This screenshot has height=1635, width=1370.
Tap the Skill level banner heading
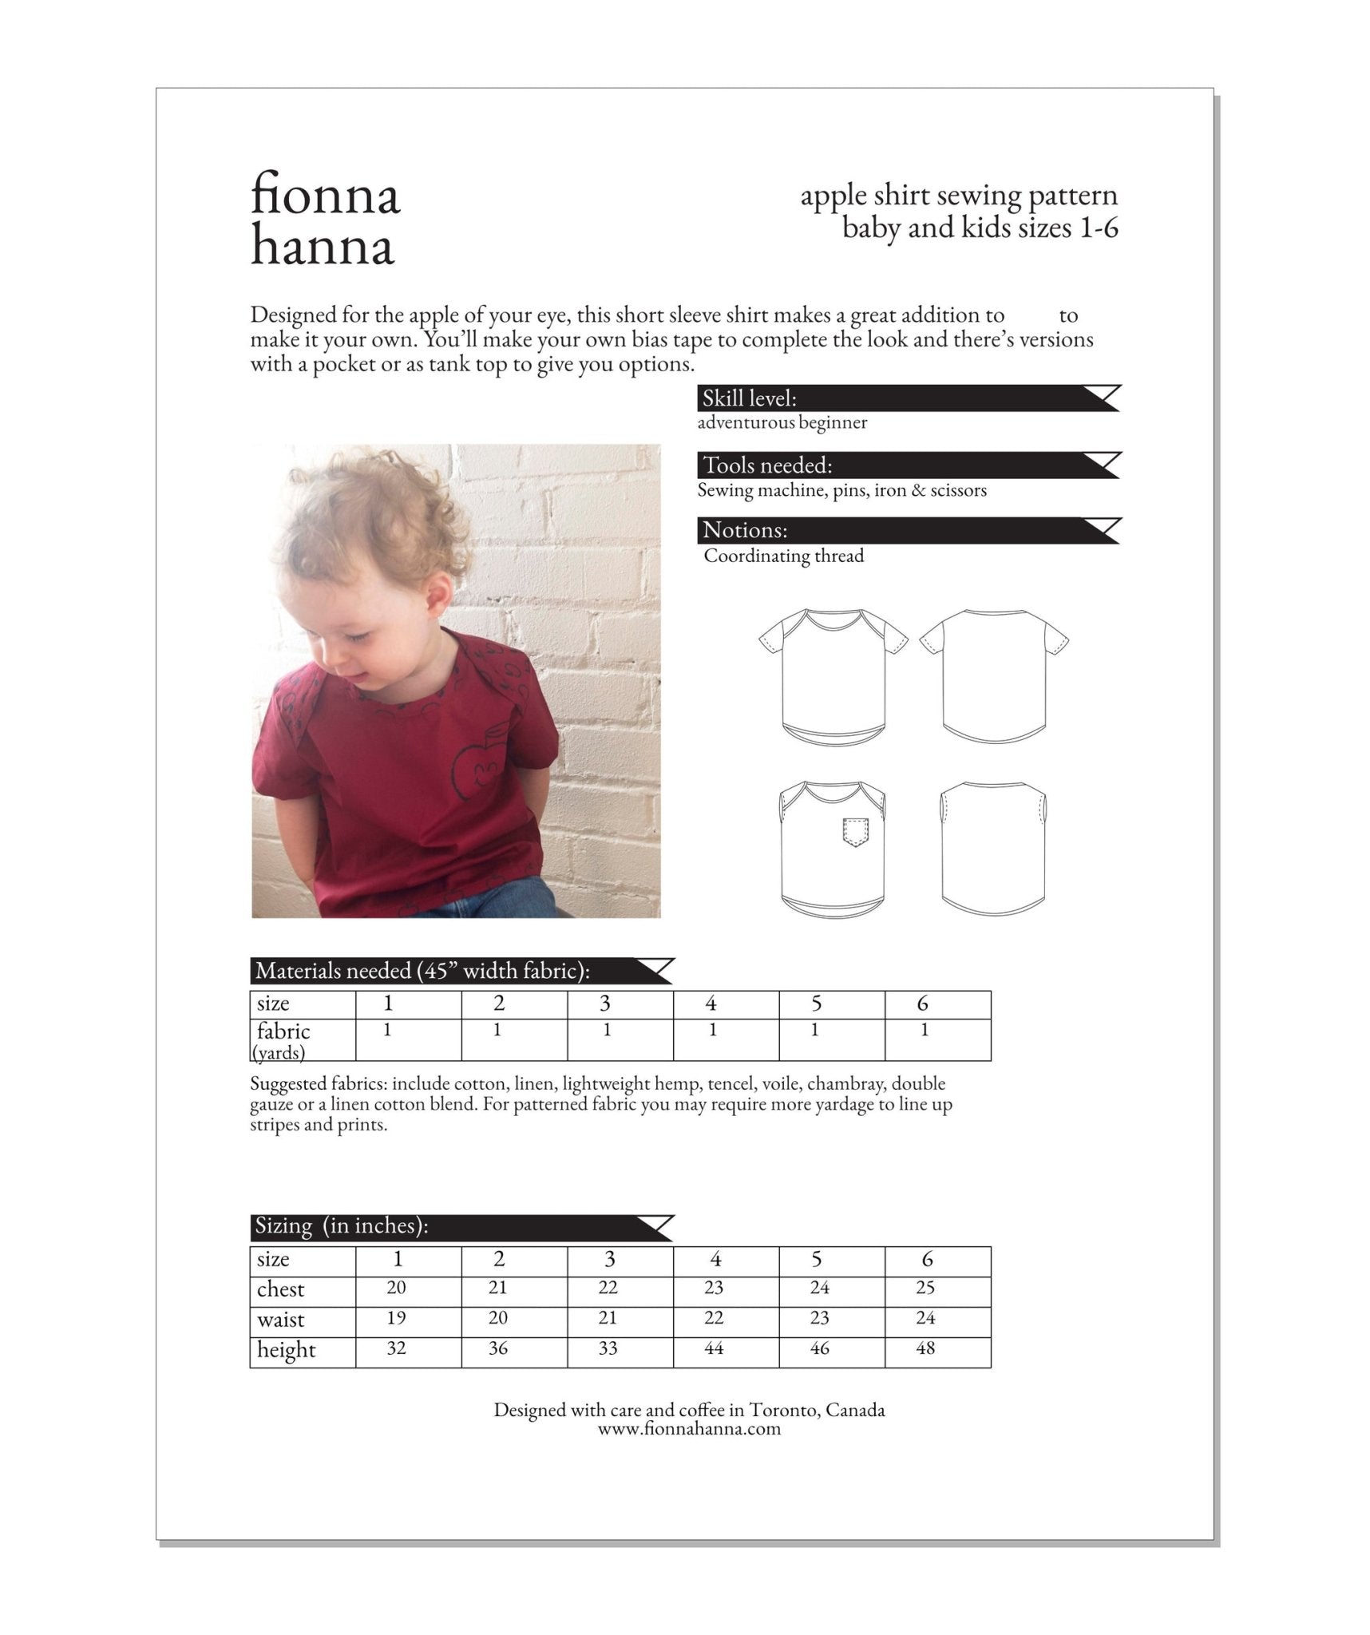tap(750, 398)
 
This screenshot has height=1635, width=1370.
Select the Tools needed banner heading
tap(767, 465)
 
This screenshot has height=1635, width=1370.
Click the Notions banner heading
tap(745, 531)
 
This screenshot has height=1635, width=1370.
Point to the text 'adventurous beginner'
tap(782, 423)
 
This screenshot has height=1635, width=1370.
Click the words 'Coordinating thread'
tap(783, 556)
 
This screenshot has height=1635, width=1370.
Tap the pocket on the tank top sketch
tap(854, 831)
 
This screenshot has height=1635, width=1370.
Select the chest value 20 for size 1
tap(396, 1288)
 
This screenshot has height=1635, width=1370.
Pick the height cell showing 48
tap(925, 1348)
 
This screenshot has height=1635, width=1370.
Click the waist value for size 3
tap(608, 1318)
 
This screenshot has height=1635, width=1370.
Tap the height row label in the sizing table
tap(286, 1350)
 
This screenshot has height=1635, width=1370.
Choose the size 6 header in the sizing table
tap(927, 1259)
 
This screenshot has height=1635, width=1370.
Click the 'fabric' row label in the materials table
tap(283, 1031)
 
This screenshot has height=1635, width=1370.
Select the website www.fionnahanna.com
tap(689, 1429)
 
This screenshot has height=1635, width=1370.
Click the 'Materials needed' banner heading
tap(422, 972)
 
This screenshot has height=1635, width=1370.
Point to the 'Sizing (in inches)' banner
tap(342, 1226)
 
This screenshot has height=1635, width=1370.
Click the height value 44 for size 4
tap(714, 1348)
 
